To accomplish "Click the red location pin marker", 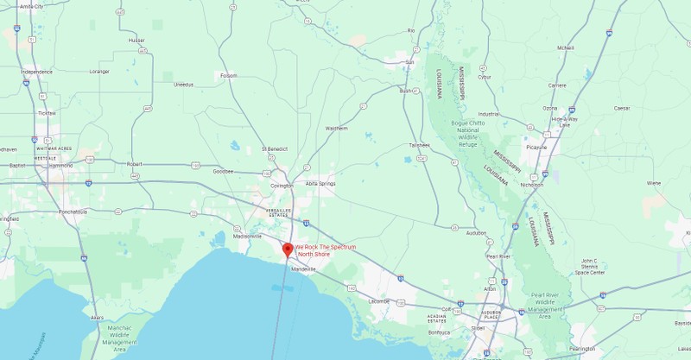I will pyautogui.click(x=288, y=249).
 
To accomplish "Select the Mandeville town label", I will pyautogui.click(x=303, y=269).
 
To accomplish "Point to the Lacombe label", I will pyautogui.click(x=379, y=300).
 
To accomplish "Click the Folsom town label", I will pyautogui.click(x=228, y=75).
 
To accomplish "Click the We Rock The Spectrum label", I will pyautogui.click(x=325, y=250).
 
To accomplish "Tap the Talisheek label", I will pyautogui.click(x=420, y=144).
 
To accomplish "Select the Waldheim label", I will pyautogui.click(x=336, y=128).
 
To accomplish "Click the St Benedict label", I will pyautogui.click(x=274, y=148).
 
